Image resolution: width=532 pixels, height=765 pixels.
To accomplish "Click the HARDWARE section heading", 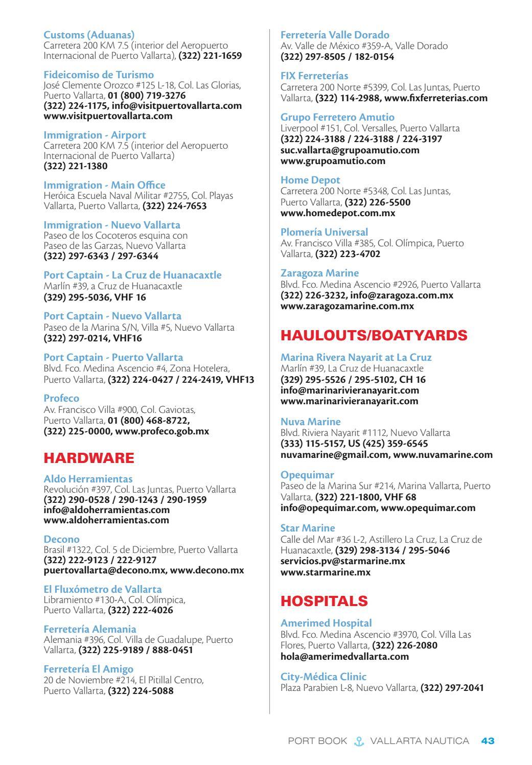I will pyautogui.click(x=89, y=458).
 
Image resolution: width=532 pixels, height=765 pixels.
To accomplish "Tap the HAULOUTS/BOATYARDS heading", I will pyautogui.click(x=374, y=335).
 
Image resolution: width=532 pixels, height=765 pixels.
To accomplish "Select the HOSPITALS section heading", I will pyautogui.click(x=324, y=601).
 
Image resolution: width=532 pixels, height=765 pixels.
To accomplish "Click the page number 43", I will pyautogui.click(x=488, y=740).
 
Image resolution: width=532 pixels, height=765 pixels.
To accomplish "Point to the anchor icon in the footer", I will pyautogui.click(x=358, y=741).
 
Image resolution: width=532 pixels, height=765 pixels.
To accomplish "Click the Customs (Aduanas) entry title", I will pyautogui.click(x=89, y=35).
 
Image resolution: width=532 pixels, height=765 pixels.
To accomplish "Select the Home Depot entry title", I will pyautogui.click(x=310, y=180).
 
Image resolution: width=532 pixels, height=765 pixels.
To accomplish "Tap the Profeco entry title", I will pyautogui.click(x=61, y=398).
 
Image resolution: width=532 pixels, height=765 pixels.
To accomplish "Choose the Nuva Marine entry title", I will pyautogui.click(x=310, y=422).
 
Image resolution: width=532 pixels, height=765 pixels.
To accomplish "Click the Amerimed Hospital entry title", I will pyautogui.click(x=326, y=623).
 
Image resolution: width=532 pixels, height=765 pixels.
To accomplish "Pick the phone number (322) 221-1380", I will pyautogui.click(x=76, y=166).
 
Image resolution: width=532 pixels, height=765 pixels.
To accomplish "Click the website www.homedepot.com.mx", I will pyautogui.click(x=338, y=213).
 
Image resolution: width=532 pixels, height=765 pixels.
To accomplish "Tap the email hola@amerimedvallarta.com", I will pyautogui.click(x=344, y=656).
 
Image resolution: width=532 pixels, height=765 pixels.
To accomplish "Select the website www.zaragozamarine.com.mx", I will pyautogui.click(x=347, y=306).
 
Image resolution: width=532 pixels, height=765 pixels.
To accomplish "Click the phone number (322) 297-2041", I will pyautogui.click(x=452, y=687).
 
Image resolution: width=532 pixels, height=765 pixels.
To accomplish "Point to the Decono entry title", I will pyautogui.click(x=61, y=539).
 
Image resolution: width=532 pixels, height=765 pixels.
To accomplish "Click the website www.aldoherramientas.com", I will pyautogui.click(x=106, y=520).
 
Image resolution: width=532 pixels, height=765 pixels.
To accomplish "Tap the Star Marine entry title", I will pyautogui.click(x=308, y=528).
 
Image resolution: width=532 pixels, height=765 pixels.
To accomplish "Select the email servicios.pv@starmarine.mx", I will pyautogui.click(x=342, y=561).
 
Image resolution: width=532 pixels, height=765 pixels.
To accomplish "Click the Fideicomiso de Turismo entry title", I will pyautogui.click(x=99, y=75).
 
